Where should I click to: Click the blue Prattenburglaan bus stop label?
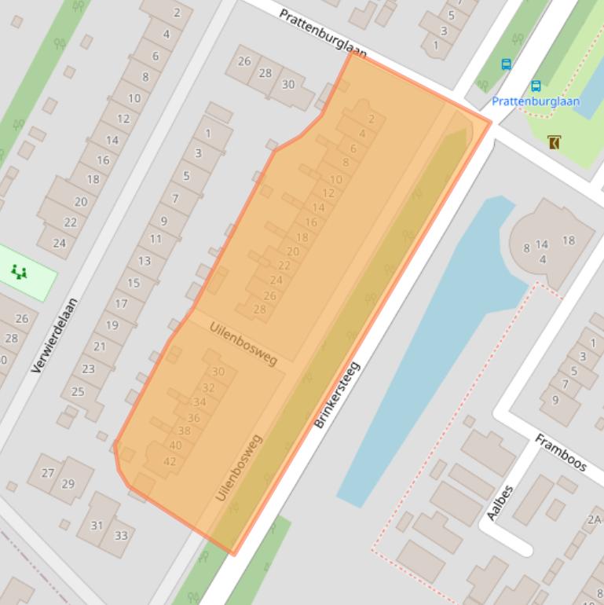pos(536,101)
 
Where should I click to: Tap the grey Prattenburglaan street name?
pos(323,33)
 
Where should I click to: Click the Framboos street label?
pos(561,453)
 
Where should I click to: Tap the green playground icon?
pos(19,272)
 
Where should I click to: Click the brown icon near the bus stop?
pos(555,142)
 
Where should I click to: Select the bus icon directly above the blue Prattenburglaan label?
pos(536,86)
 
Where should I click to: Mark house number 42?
pos(169,461)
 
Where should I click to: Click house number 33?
pos(121,536)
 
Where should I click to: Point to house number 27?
pos(48,473)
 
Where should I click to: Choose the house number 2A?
pos(594,519)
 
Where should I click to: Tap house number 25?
pos(78,391)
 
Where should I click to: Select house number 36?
pos(193,418)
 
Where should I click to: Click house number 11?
pos(156,239)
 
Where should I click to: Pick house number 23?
pos(88,368)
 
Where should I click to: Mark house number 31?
pos(97,526)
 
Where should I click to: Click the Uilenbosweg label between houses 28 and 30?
pos(243,344)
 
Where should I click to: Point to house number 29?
pos(68,483)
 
